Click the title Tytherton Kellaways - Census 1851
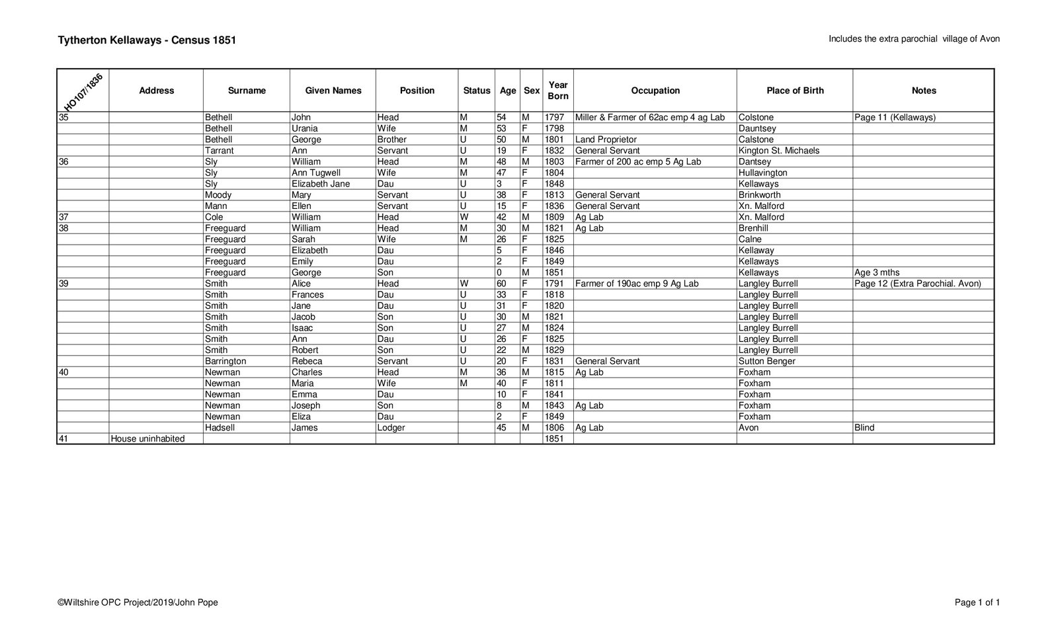(x=147, y=40)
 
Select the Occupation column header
(x=655, y=91)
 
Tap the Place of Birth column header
(x=795, y=91)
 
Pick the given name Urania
(x=304, y=128)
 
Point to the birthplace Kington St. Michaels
(x=778, y=151)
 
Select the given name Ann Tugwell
(x=315, y=173)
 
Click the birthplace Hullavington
(x=762, y=173)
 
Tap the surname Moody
(x=218, y=195)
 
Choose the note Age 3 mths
(x=877, y=272)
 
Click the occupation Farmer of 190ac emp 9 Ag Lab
(x=637, y=284)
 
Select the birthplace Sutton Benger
(x=766, y=361)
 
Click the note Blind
(x=864, y=428)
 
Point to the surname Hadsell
(x=221, y=428)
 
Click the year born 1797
(x=554, y=117)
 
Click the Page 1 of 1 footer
(x=977, y=602)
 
